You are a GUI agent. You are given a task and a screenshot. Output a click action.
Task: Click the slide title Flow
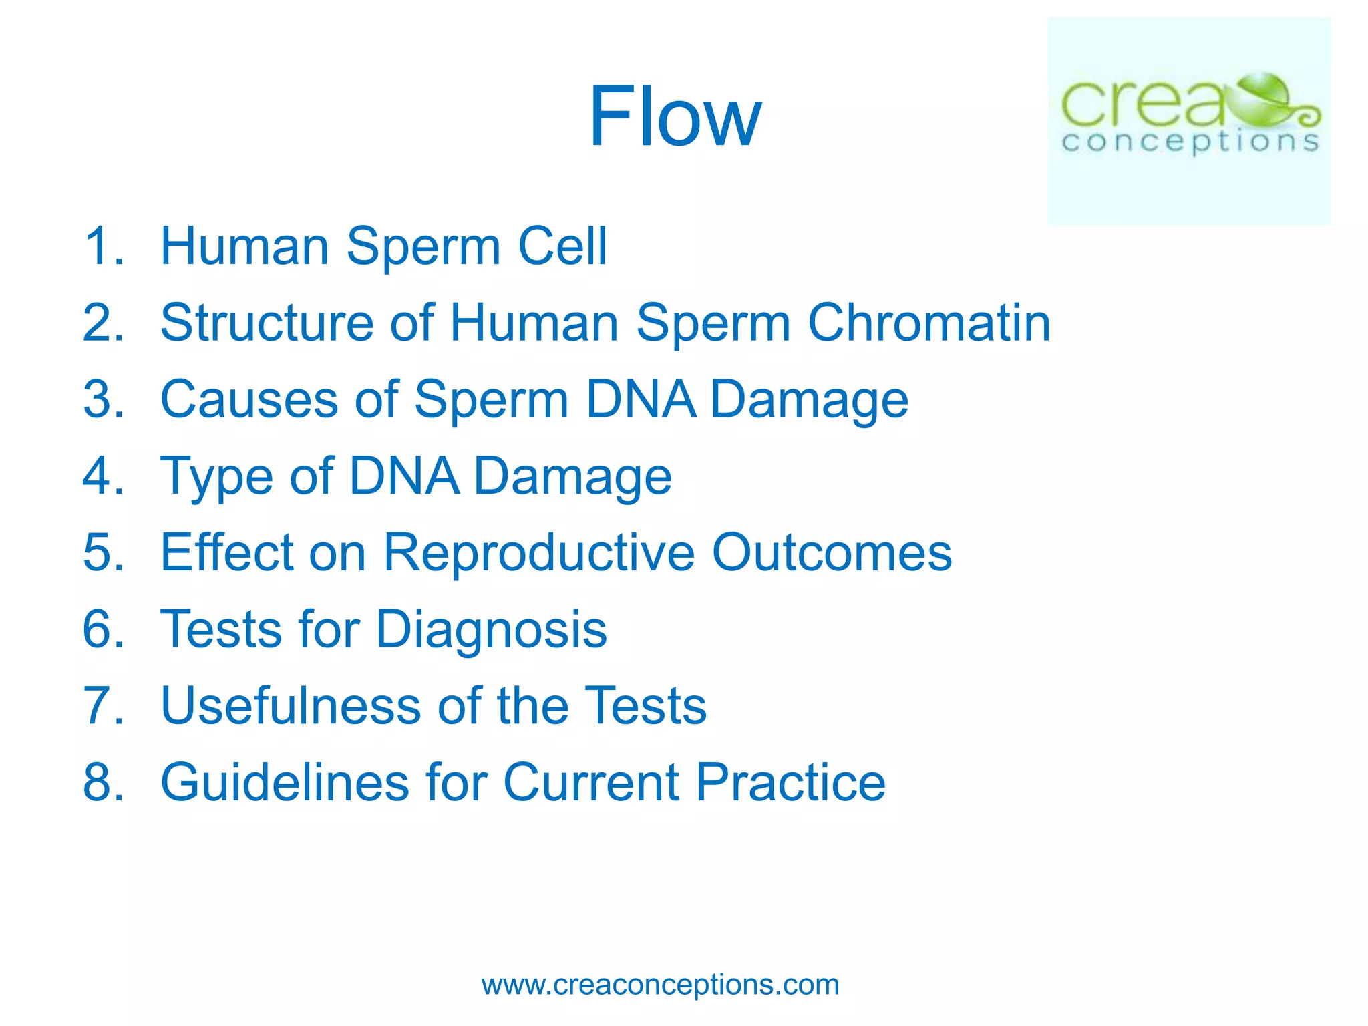[675, 117]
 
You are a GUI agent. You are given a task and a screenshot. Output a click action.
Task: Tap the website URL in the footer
[660, 985]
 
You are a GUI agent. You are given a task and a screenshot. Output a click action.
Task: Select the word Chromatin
[929, 323]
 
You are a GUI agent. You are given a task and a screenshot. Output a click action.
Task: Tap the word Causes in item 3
[249, 399]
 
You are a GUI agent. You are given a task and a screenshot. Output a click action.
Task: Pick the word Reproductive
[539, 552]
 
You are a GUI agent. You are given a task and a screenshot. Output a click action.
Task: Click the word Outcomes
[832, 552]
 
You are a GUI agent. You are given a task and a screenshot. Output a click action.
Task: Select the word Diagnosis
[491, 630]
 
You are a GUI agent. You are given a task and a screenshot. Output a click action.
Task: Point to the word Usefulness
[291, 706]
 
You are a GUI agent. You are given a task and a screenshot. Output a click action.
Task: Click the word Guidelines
[285, 782]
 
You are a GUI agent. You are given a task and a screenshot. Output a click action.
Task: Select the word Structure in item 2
[267, 323]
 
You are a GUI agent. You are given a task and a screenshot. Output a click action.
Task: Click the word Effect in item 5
[226, 552]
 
